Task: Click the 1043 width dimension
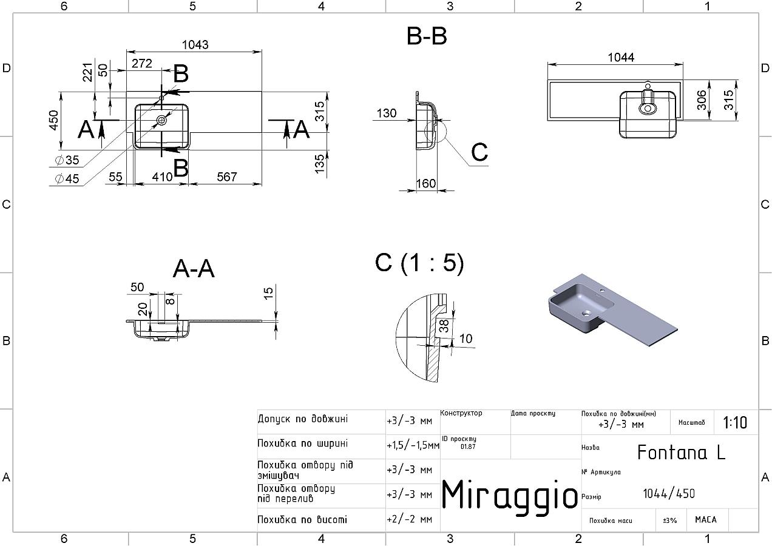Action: (195, 44)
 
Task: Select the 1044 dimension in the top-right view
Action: (621, 57)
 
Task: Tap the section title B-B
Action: (427, 36)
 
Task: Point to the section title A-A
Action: (194, 269)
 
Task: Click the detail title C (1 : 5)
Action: (419, 263)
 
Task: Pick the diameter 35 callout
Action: (67, 160)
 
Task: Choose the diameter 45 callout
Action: (67, 178)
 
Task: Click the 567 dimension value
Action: (227, 177)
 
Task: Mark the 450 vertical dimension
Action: (54, 120)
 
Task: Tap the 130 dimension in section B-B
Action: (387, 113)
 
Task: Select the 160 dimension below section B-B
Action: (426, 183)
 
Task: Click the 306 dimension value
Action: (702, 100)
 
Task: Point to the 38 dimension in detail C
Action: (444, 326)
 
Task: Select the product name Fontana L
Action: (682, 453)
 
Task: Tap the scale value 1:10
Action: (735, 422)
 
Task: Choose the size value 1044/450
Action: (669, 494)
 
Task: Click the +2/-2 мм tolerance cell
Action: (409, 519)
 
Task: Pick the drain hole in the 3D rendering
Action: (586, 313)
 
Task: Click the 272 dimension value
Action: (141, 63)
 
